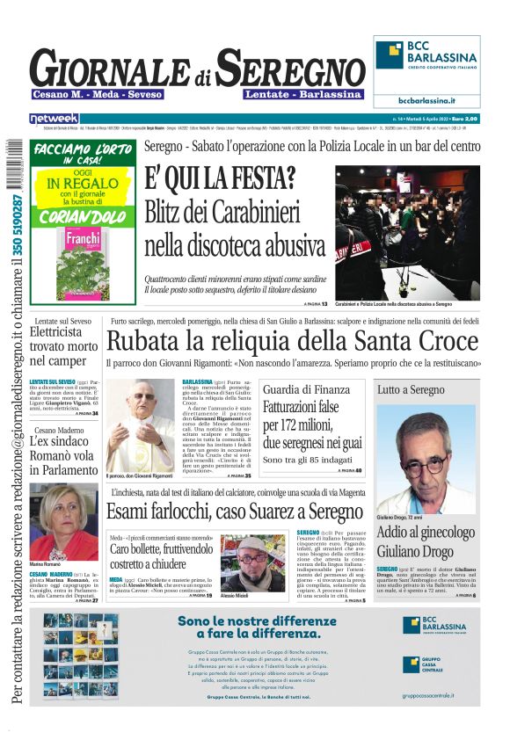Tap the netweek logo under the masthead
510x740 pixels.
click(54, 118)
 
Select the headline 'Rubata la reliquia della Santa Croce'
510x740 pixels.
click(292, 340)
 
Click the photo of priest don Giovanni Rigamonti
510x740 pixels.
click(141, 426)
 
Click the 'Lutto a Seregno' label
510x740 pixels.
click(412, 388)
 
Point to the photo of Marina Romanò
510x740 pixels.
click(63, 521)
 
